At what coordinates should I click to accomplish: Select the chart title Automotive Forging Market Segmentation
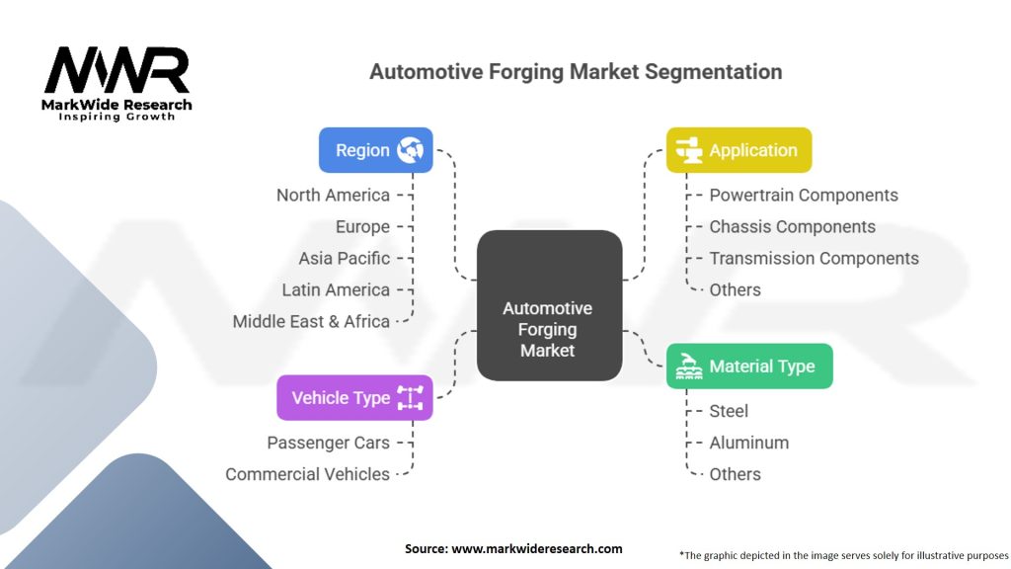click(x=576, y=72)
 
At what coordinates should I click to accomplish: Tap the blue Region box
click(x=375, y=150)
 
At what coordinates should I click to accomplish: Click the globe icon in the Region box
click(x=410, y=150)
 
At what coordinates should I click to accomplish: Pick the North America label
click(x=333, y=196)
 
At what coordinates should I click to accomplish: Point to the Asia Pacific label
click(x=345, y=259)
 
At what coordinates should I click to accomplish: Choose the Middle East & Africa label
click(x=311, y=321)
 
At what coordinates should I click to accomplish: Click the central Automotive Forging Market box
click(x=549, y=306)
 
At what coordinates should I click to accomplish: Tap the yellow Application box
click(x=739, y=150)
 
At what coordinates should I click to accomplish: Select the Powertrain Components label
click(x=804, y=196)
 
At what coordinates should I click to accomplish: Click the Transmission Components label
click(x=814, y=259)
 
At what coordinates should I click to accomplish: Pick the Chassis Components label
click(x=792, y=227)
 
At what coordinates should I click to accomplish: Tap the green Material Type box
click(x=748, y=366)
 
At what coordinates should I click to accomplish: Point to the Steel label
click(x=729, y=411)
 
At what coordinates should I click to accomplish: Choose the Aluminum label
click(x=748, y=443)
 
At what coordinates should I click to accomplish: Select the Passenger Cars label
click(x=328, y=443)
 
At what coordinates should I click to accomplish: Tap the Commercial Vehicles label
click(x=307, y=474)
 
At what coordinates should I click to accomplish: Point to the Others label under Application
click(x=735, y=290)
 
